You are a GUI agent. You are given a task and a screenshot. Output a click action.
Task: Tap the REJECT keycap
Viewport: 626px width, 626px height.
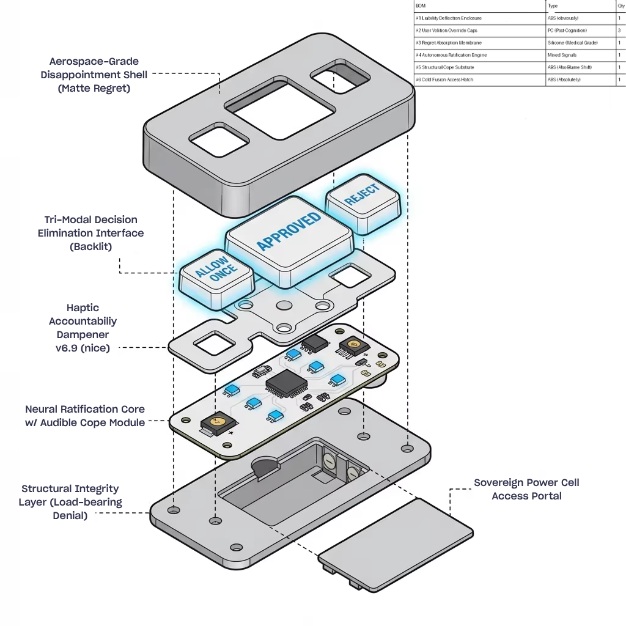pyautogui.click(x=363, y=198)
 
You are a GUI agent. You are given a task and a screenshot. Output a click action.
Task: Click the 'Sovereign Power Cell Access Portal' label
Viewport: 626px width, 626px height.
pyautogui.click(x=526, y=489)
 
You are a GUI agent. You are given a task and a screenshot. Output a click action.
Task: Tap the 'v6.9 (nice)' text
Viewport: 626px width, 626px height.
pyautogui.click(x=83, y=348)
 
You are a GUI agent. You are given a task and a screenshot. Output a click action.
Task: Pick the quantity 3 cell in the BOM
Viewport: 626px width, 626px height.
pyautogui.click(x=620, y=30)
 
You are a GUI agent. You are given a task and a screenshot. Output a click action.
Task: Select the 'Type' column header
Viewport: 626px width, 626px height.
pyautogui.click(x=553, y=6)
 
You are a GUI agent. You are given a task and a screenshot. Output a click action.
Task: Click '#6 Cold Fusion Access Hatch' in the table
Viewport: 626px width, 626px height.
pyautogui.click(x=444, y=79)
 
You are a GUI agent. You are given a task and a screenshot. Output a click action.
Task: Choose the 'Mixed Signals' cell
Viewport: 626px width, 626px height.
pyautogui.click(x=562, y=55)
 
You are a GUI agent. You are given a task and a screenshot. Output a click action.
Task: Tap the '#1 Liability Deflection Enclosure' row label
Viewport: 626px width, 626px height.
pyautogui.click(x=447, y=18)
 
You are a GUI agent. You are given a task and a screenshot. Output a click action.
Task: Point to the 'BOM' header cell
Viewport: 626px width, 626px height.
pyautogui.click(x=420, y=6)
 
